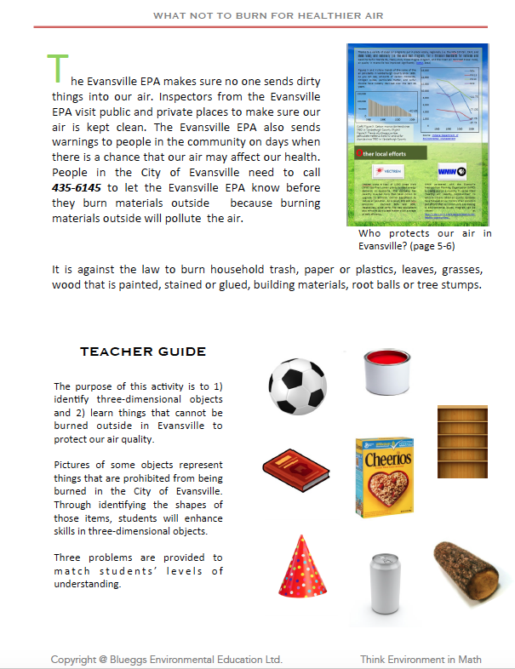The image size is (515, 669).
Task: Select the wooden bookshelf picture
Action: [461, 442]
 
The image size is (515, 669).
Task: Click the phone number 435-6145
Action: [75, 186]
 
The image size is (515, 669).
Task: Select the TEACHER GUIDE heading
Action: [142, 352]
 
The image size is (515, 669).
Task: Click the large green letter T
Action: [57, 68]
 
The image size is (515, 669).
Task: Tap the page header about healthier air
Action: [260, 14]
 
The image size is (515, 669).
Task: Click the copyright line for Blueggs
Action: [166, 659]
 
